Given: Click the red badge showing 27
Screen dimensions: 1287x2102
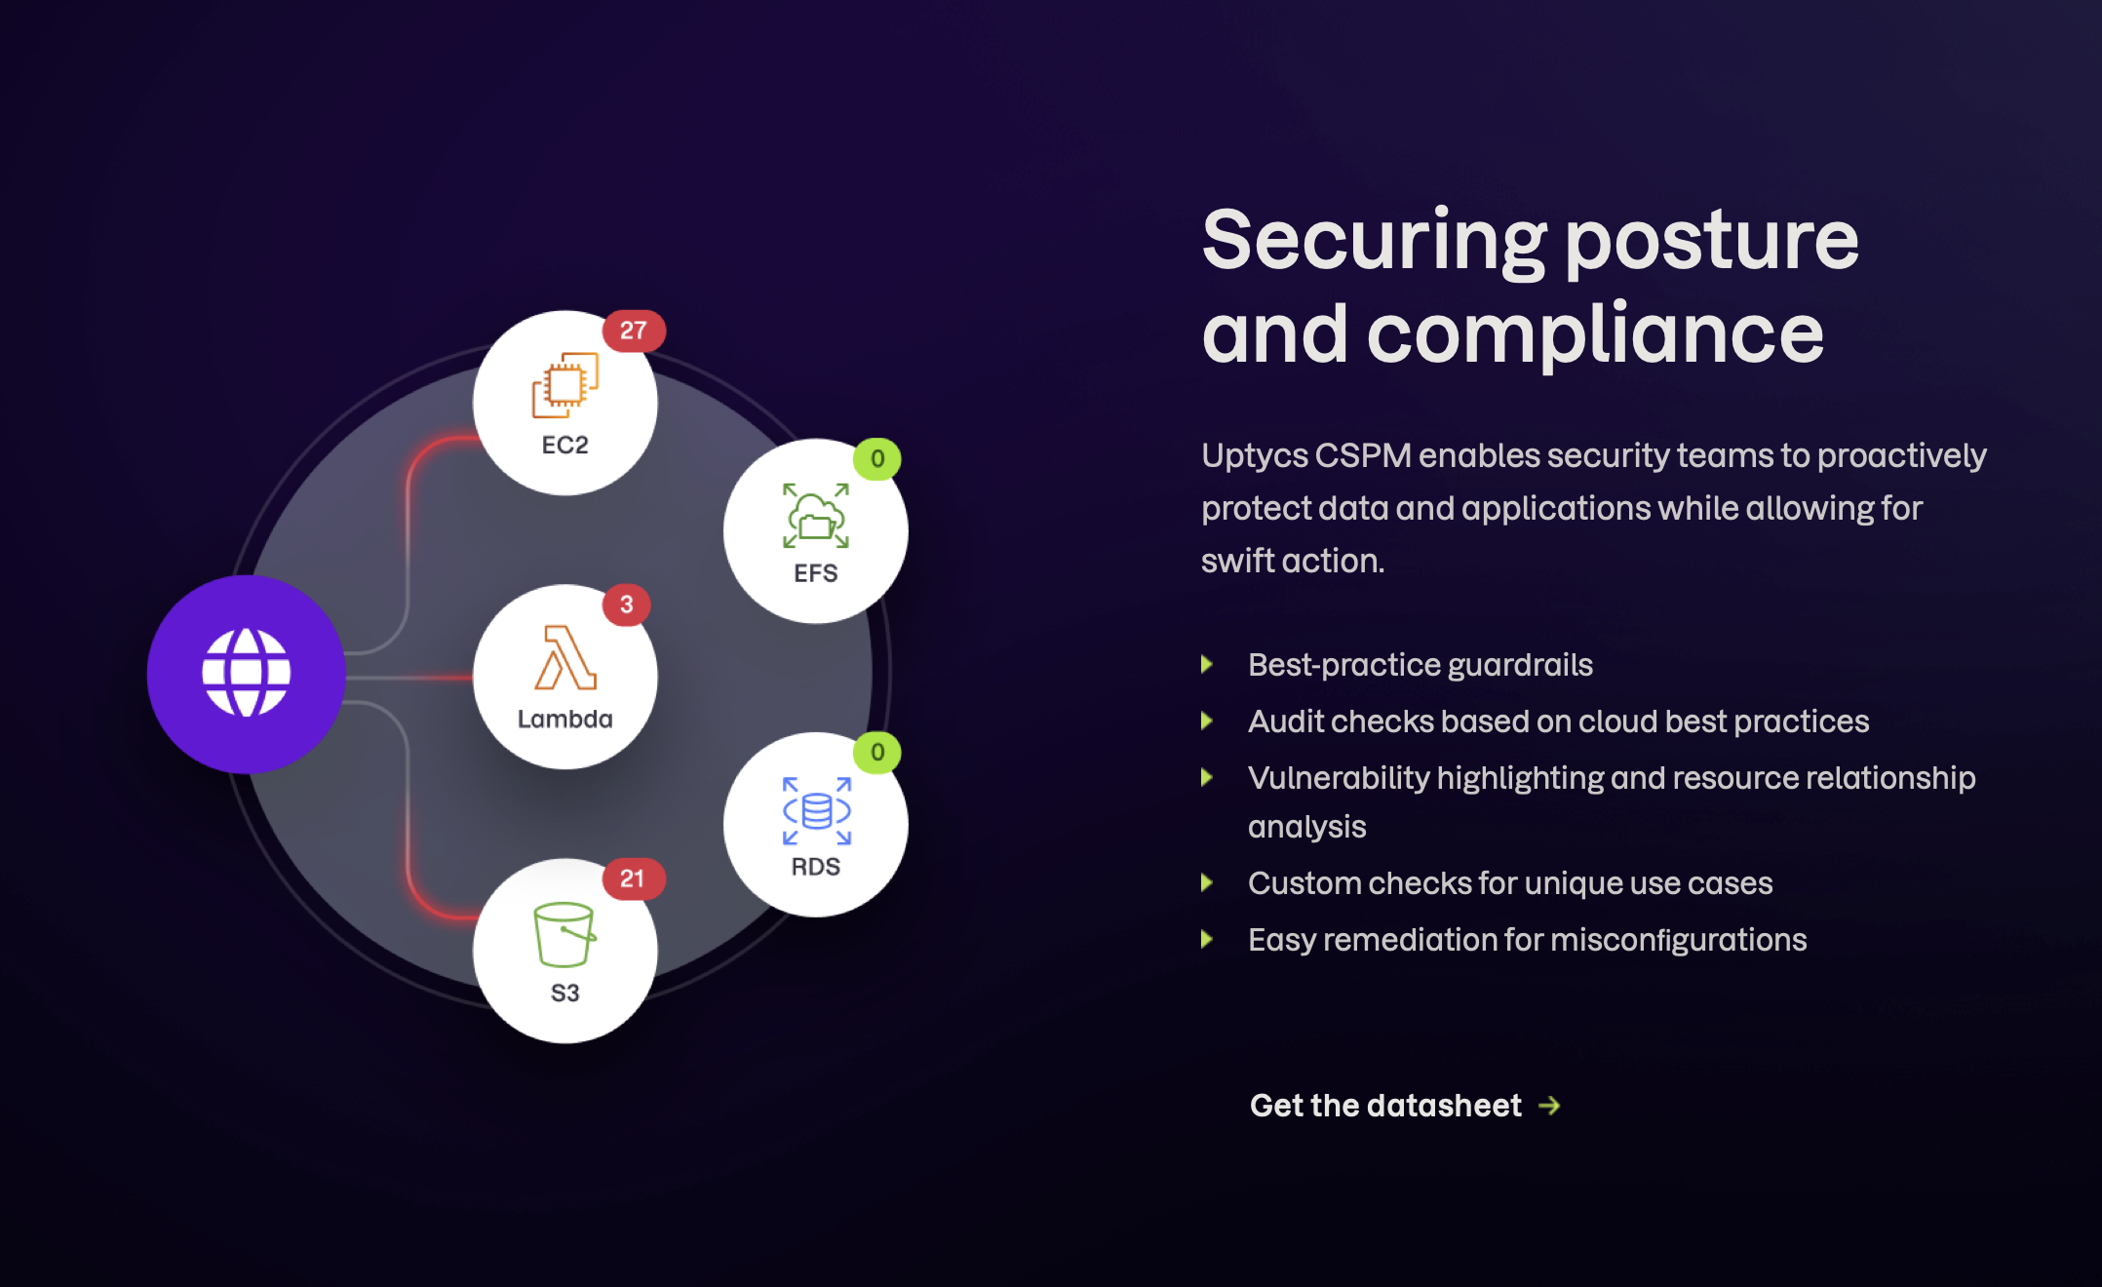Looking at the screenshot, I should point(634,331).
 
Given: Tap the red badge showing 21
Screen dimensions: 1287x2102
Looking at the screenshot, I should point(633,879).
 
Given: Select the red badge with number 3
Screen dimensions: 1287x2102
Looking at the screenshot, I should point(626,605).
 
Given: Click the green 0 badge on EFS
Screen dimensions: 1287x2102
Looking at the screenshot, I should point(877,459).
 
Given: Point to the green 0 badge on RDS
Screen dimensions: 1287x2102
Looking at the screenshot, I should point(877,753).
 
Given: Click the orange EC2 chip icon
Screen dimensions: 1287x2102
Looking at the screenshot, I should point(565,385).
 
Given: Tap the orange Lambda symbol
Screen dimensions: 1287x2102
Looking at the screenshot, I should point(565,658).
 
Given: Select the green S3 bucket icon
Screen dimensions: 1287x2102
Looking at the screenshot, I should point(564,934).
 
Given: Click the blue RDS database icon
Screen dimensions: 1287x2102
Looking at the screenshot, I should point(817,811).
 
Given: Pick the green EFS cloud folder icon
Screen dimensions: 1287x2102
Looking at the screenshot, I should point(816,516).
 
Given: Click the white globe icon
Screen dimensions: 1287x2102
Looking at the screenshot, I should point(247,673).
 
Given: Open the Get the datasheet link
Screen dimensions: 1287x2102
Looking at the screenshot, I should point(1385,1106).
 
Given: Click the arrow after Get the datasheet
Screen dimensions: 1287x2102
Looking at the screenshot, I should point(1549,1106).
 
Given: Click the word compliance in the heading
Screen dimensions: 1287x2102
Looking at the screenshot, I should point(1595,334).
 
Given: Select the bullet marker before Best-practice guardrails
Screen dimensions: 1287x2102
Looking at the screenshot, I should point(1207,665).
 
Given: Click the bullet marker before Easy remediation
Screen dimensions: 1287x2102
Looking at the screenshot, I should point(1207,940).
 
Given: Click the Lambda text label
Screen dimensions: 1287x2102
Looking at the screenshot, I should point(565,720).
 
